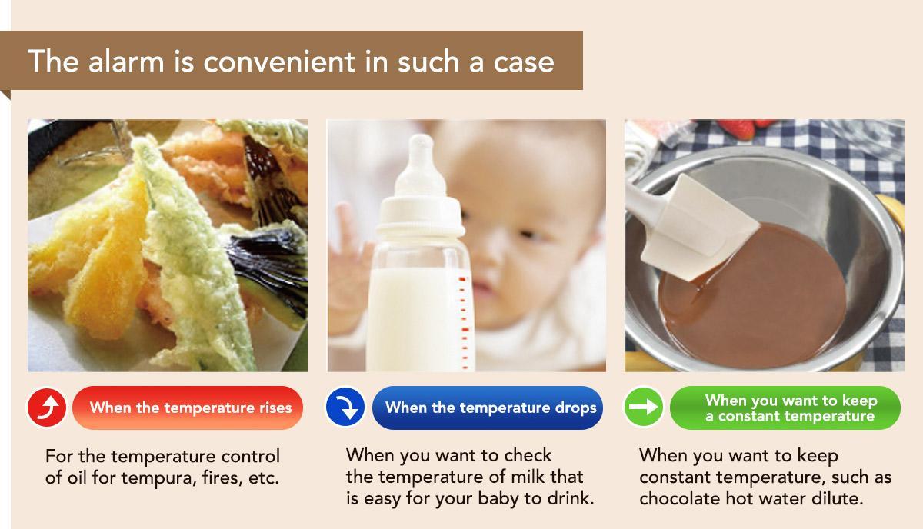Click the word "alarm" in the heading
(x=126, y=62)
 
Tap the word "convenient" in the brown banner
(x=279, y=62)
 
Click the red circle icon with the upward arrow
(x=47, y=408)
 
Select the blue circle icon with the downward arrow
(x=345, y=407)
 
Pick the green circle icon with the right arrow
(x=643, y=407)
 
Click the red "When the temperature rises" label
(x=188, y=408)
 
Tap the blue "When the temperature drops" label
(x=488, y=408)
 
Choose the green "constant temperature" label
(x=785, y=408)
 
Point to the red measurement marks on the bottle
(x=464, y=322)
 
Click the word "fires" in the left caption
(x=222, y=478)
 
